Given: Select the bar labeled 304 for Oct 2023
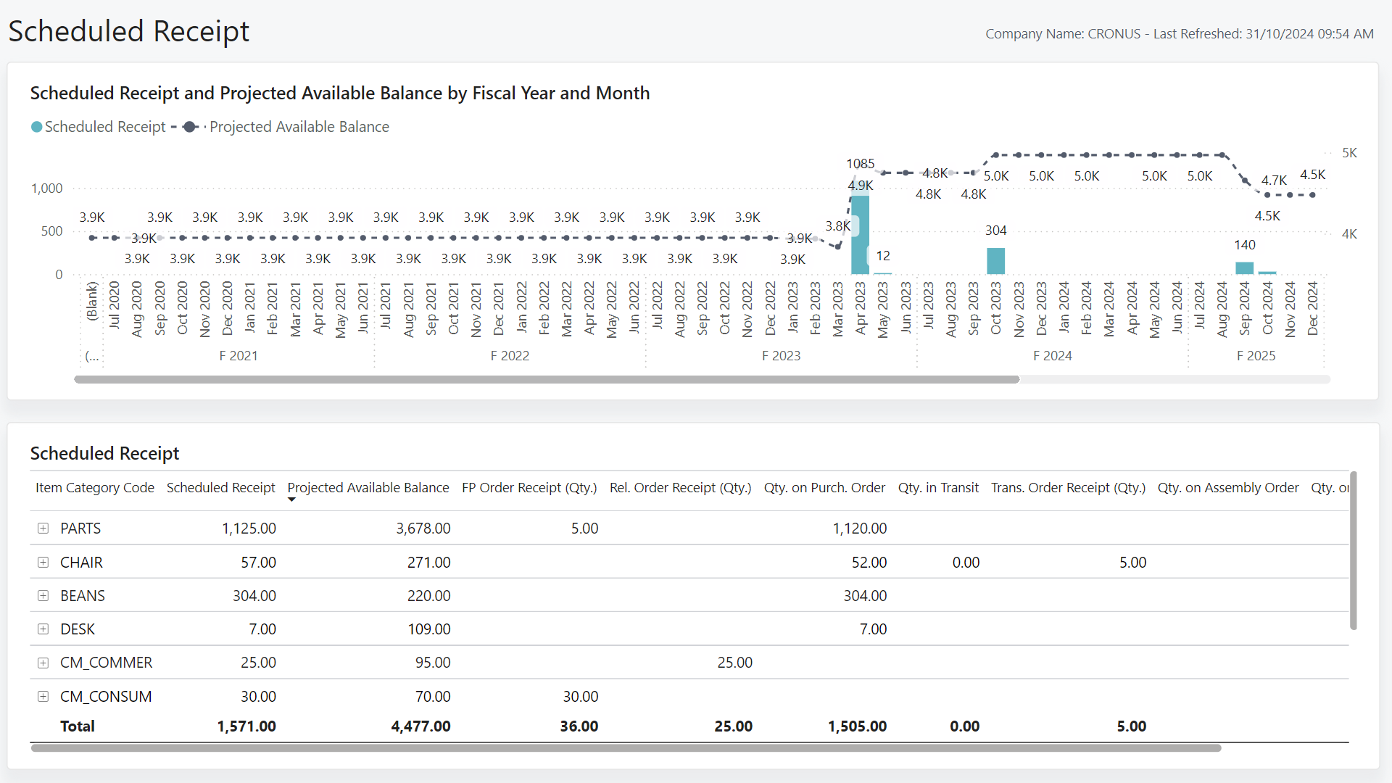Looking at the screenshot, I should point(995,261).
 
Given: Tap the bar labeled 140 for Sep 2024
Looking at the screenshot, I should point(1244,268).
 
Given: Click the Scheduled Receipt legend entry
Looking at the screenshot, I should point(99,127).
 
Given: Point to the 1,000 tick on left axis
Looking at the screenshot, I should point(46,188).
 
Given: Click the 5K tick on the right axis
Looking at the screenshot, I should point(1348,153).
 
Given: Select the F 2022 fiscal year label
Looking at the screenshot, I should point(510,356).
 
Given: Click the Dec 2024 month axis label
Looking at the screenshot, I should point(1312,309).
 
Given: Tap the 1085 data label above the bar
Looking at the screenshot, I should point(860,164).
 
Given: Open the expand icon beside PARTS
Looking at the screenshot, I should point(43,529).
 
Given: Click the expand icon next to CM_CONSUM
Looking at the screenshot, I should point(43,697).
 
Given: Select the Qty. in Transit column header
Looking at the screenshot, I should point(937,488).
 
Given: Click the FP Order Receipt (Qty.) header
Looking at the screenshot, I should point(529,488).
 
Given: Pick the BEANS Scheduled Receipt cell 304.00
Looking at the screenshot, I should point(254,596).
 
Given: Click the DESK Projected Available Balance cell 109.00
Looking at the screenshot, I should point(428,629).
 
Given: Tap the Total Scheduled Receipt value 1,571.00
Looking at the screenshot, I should point(246,726).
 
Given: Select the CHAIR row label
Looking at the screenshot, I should point(81,563).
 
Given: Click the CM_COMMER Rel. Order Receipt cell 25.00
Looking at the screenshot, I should point(734,663).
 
